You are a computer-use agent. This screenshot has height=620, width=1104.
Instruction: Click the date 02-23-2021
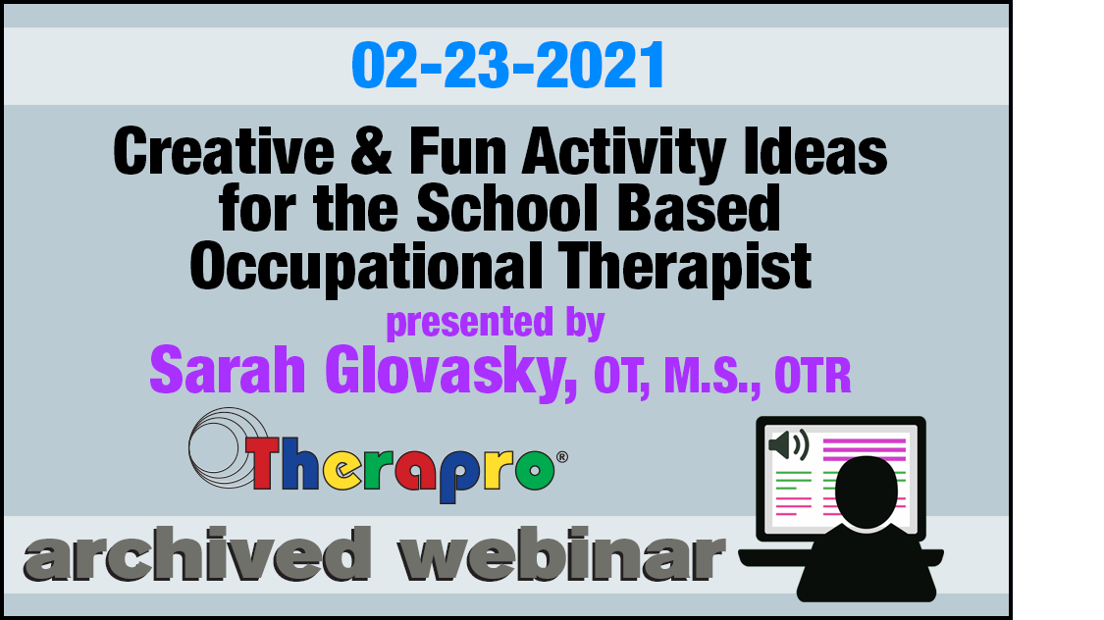pos(507,65)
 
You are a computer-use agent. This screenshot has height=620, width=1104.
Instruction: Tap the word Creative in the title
pos(223,151)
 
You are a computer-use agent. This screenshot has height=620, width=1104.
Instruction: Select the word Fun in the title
pos(457,151)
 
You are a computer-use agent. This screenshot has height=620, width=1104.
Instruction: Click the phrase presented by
pos(496,324)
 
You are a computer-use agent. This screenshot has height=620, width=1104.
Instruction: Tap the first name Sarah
pos(228,370)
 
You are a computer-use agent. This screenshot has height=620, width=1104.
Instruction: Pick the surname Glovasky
pos(450,373)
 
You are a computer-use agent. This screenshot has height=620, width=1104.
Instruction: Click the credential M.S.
pos(711,377)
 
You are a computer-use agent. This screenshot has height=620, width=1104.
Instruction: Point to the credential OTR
pos(813,377)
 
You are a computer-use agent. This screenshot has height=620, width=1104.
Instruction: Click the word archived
pos(197,554)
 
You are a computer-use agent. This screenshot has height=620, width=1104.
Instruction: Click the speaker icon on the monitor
pos(789,444)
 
